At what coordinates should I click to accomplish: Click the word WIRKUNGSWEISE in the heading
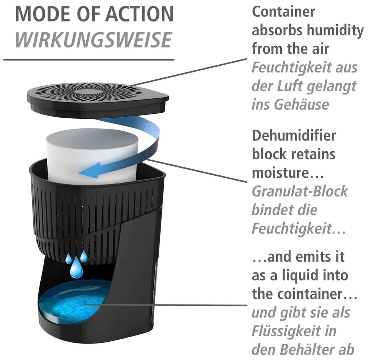(x=94, y=39)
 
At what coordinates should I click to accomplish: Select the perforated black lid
(x=97, y=96)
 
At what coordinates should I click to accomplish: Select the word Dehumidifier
(x=294, y=135)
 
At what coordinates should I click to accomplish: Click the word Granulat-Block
(x=300, y=191)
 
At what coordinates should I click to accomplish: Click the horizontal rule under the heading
(x=89, y=59)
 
